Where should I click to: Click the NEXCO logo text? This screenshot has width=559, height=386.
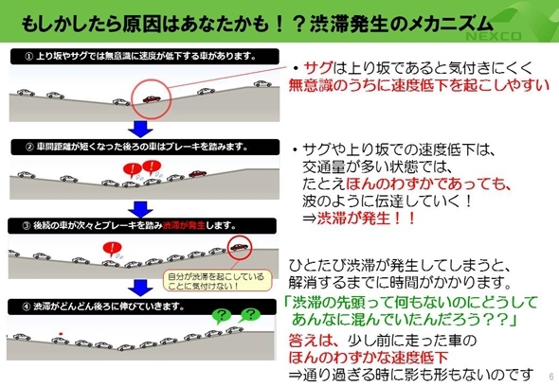493,36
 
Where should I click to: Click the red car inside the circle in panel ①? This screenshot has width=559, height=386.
152,98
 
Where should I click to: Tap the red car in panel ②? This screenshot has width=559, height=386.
197,173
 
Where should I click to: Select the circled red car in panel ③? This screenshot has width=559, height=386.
239,247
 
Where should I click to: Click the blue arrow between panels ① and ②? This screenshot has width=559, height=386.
140,129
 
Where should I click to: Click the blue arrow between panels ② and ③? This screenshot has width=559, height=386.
140,209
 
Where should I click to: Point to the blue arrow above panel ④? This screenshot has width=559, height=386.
140,288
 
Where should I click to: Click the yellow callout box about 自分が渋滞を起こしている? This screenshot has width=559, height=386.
217,281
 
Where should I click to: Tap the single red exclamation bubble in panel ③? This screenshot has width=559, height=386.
112,249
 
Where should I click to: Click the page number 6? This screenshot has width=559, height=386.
551,376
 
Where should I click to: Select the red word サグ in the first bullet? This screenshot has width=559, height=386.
318,67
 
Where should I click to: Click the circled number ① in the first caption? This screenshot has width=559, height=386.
29,56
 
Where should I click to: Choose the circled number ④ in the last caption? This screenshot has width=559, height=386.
27,307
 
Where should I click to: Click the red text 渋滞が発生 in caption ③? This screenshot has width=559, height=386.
184,225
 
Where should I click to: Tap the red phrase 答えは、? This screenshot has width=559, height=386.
313,341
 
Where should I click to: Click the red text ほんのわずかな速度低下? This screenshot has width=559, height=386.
369,358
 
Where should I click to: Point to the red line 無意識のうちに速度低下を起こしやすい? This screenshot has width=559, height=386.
419,85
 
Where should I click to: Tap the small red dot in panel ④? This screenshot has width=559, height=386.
61,334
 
